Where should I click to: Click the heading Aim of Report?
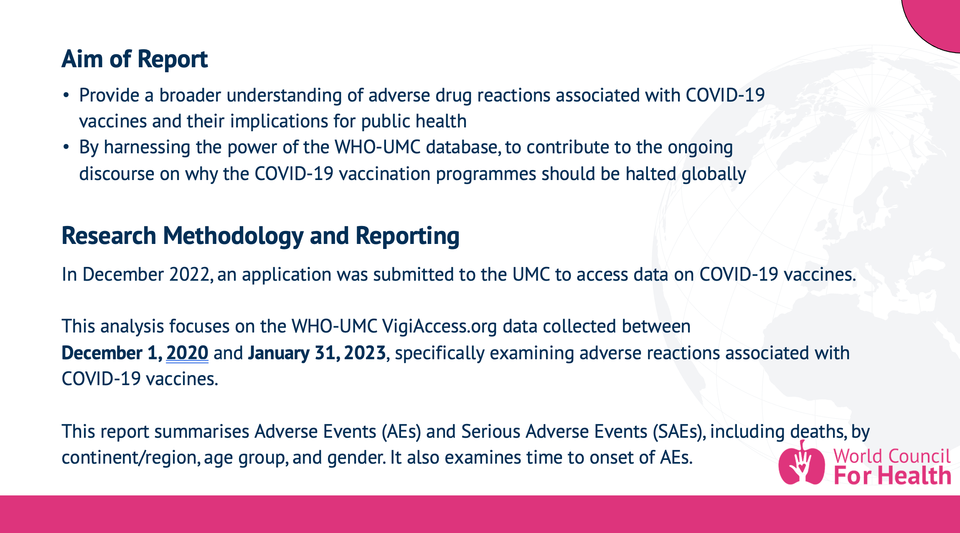coord(135,59)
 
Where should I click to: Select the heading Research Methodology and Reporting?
coord(260,236)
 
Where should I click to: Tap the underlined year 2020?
coord(187,353)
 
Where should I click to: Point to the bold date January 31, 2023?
coord(317,353)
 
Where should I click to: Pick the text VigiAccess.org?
coord(439,326)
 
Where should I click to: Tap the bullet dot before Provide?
coord(66,96)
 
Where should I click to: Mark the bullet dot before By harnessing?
coord(66,147)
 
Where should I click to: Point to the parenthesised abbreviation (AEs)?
coord(401,431)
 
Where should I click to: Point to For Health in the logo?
coord(892,476)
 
